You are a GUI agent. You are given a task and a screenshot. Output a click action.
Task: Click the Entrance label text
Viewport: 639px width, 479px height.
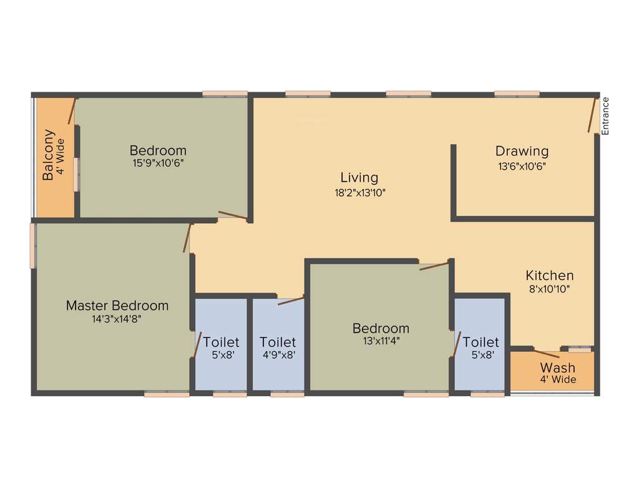[x=604, y=116]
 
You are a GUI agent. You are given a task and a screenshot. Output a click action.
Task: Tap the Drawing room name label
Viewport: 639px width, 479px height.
[x=522, y=151]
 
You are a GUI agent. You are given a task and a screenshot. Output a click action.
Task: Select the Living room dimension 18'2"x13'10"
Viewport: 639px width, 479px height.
[x=359, y=193]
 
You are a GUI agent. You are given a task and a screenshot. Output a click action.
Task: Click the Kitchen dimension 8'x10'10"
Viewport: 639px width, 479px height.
[x=549, y=289]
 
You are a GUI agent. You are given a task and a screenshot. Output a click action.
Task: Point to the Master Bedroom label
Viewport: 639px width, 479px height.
[x=117, y=306]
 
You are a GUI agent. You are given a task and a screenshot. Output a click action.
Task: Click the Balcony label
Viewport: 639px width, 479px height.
[x=49, y=155]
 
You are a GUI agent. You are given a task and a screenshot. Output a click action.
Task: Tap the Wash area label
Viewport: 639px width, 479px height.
[x=558, y=367]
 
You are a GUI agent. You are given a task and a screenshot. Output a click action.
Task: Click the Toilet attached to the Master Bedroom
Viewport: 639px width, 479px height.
[x=221, y=342]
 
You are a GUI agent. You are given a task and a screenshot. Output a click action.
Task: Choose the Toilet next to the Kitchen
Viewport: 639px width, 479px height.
[x=480, y=342]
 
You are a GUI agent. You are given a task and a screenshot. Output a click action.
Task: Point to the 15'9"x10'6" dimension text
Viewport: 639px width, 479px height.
[x=158, y=163]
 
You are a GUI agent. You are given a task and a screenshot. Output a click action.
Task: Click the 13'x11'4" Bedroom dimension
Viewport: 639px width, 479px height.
[x=381, y=341]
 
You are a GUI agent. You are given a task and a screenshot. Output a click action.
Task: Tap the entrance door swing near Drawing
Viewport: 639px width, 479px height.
[x=592, y=115]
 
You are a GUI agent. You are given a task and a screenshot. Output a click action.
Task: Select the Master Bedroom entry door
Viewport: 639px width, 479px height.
[x=187, y=238]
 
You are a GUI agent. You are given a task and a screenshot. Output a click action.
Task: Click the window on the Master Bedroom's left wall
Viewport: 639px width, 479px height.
[x=32, y=246]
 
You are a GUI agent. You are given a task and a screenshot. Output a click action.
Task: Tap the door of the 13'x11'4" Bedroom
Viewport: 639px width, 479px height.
[x=434, y=266]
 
